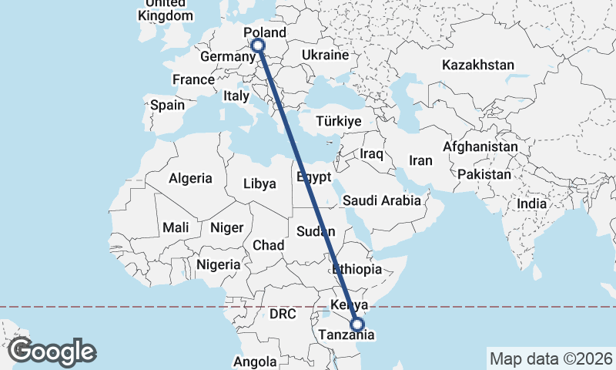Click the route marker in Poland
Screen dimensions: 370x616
[258, 45]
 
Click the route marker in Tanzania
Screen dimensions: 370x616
[357, 325]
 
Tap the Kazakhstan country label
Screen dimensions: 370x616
[477, 65]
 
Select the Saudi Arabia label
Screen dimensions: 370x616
[382, 200]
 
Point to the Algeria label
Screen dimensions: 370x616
[190, 178]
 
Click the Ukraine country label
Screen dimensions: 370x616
[325, 55]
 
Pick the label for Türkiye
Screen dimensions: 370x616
[339, 121]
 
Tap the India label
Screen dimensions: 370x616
[531, 203]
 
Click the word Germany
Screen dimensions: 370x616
[223, 58]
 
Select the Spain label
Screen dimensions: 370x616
[167, 105]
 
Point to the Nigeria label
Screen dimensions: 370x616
[219, 264]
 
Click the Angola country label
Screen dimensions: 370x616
[255, 362]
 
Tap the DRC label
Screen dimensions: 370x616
[283, 314]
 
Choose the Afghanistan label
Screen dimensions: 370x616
[480, 146]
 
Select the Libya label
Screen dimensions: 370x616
[259, 184]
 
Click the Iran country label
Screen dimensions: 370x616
[420, 160]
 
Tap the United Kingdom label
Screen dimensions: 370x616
[166, 10]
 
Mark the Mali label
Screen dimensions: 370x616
[176, 227]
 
